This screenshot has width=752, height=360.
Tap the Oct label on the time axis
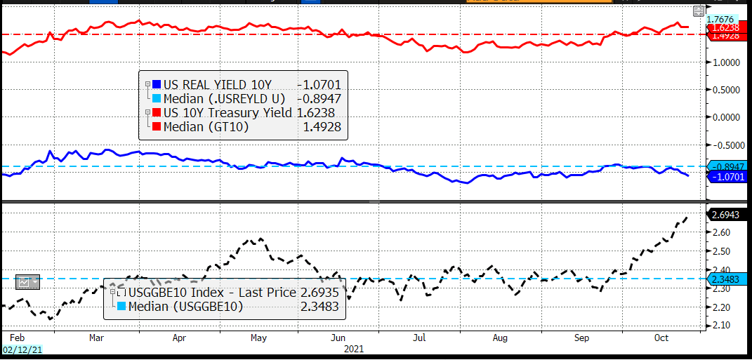[x=661, y=338]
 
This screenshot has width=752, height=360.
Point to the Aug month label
[x=500, y=338]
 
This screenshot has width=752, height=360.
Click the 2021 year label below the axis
[x=354, y=348]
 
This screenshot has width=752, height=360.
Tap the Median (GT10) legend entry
[x=204, y=127]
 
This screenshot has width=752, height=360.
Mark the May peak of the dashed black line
[x=260, y=239]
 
